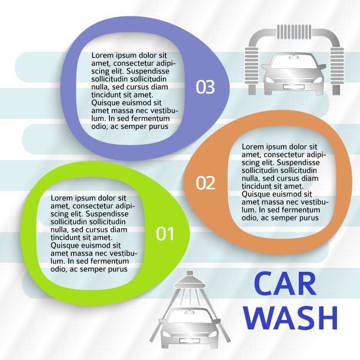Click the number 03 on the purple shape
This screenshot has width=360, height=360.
point(205,87)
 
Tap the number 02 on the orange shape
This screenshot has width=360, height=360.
point(205,183)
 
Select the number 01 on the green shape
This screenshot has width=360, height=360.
point(165,234)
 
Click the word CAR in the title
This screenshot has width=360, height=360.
point(285,284)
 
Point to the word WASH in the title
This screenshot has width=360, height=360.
point(291,318)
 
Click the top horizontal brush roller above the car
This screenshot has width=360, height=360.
point(294,32)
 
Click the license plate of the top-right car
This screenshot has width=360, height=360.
point(294,87)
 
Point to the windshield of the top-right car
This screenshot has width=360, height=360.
point(294,61)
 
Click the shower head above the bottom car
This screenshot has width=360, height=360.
point(189,281)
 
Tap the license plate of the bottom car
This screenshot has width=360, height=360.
point(189,341)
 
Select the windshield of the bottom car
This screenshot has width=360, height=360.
point(189,316)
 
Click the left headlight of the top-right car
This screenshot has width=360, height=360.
point(269,79)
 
